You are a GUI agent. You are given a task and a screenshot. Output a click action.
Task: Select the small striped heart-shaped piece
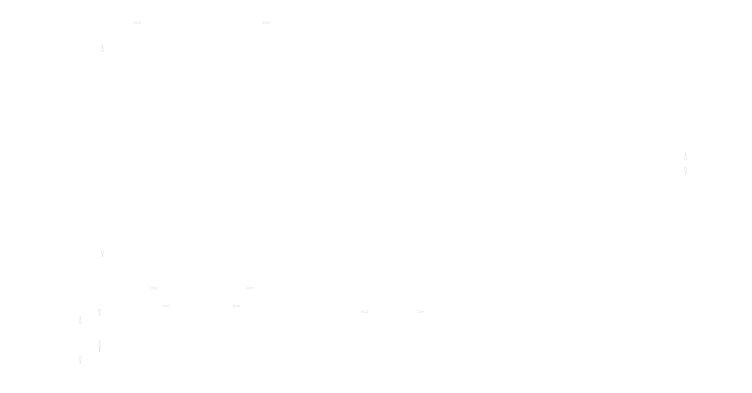pos(101,312)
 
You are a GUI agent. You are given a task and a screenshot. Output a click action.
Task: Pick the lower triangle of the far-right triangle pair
pos(683,170)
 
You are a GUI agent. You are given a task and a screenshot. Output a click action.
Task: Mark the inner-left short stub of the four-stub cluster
pos(167,305)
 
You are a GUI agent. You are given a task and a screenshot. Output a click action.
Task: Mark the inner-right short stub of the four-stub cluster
pos(236,305)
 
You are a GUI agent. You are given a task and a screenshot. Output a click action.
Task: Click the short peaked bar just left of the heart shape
pos(79,321)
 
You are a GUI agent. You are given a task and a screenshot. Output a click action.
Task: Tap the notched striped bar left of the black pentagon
pos(79,358)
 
